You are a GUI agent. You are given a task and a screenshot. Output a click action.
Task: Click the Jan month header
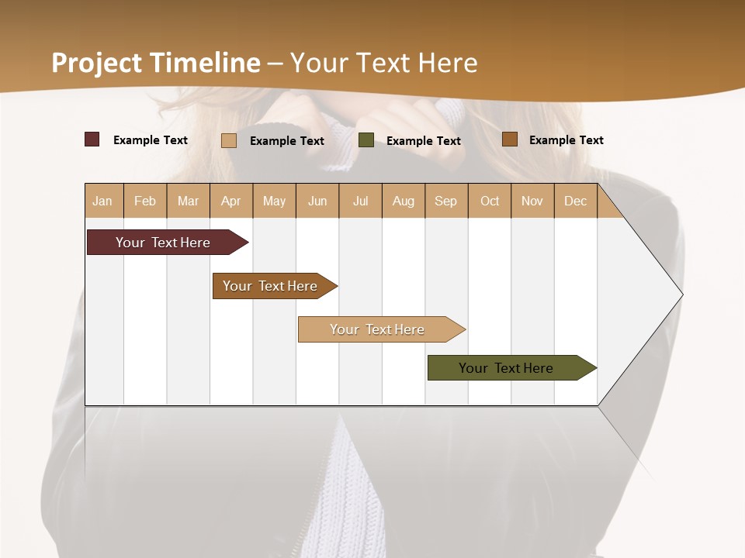pyautogui.click(x=103, y=201)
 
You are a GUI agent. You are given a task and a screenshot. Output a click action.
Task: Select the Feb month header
pyautogui.click(x=145, y=201)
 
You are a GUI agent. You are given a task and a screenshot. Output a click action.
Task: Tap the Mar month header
pyautogui.click(x=188, y=201)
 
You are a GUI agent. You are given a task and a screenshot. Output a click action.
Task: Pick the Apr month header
pyautogui.click(x=231, y=201)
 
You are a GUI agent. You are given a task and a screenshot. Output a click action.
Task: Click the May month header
pyautogui.click(x=274, y=201)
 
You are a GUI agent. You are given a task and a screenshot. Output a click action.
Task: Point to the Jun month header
pyautogui.click(x=317, y=201)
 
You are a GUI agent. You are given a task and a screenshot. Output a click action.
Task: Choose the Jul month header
pyautogui.click(x=360, y=201)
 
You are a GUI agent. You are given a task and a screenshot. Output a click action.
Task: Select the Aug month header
pyautogui.click(x=404, y=201)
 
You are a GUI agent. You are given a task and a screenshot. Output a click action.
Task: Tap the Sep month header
pyautogui.click(x=446, y=201)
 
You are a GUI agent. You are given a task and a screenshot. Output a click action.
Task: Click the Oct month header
pyautogui.click(x=490, y=201)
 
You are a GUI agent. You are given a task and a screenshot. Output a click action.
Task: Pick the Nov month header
pyautogui.click(x=532, y=201)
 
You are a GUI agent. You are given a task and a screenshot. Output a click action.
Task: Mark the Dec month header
pyautogui.click(x=576, y=201)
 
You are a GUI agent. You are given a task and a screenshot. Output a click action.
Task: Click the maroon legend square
pyautogui.click(x=92, y=139)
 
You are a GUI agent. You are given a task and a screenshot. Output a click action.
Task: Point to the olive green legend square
pyautogui.click(x=366, y=140)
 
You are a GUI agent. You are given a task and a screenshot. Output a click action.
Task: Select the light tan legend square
pyautogui.click(x=229, y=140)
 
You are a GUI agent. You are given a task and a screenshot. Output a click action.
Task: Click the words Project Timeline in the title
pyautogui.click(x=156, y=63)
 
